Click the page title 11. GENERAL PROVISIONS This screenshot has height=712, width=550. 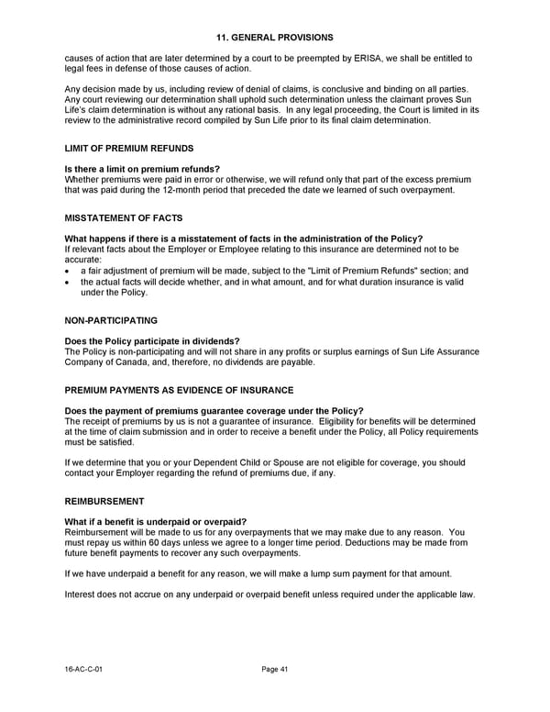[275, 38]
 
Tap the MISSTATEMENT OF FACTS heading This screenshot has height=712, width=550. [124, 217]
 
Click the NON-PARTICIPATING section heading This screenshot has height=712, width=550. [111, 320]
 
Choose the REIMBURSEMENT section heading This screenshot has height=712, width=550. [104, 502]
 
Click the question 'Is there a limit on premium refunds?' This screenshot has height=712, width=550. [142, 169]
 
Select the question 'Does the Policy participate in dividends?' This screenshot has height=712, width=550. [152, 341]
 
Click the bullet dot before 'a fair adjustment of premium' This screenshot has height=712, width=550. [69, 272]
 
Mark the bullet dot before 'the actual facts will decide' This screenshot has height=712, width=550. [69, 283]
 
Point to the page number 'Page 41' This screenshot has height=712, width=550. [275, 670]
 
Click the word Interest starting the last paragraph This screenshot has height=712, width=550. [82, 595]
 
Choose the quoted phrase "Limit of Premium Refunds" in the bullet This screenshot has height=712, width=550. [335, 272]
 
